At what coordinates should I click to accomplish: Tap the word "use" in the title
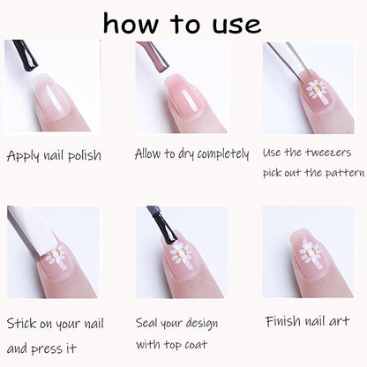pos(236,26)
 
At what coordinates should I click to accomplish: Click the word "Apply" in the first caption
pos(23,155)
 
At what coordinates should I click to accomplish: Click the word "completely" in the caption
pos(223,154)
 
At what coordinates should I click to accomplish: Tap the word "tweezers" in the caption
pos(328,153)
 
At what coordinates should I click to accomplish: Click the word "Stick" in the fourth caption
pos(22,323)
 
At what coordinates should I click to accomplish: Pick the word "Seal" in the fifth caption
pos(146,323)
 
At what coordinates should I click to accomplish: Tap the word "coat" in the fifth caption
pos(196,345)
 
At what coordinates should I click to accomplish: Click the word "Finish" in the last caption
pos(283,321)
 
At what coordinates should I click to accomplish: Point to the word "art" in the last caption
pos(339,321)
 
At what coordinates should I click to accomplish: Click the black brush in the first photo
pos(26,55)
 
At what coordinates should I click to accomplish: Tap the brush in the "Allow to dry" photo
pos(154,57)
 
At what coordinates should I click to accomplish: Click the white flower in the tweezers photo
pos(317,89)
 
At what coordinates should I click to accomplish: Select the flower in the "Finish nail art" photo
pos(309,252)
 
